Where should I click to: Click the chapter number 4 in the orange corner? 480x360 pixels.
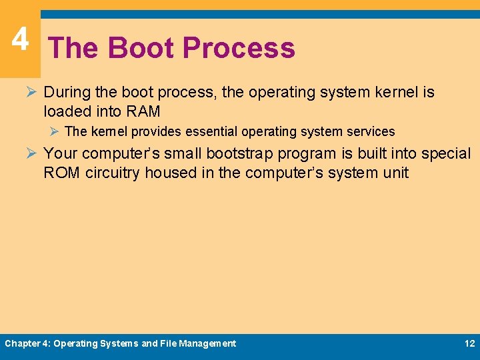20,39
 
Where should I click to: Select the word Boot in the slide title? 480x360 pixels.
141,48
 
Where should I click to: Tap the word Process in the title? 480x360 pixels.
238,48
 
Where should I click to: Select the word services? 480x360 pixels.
369,131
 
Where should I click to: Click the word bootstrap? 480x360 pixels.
239,153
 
